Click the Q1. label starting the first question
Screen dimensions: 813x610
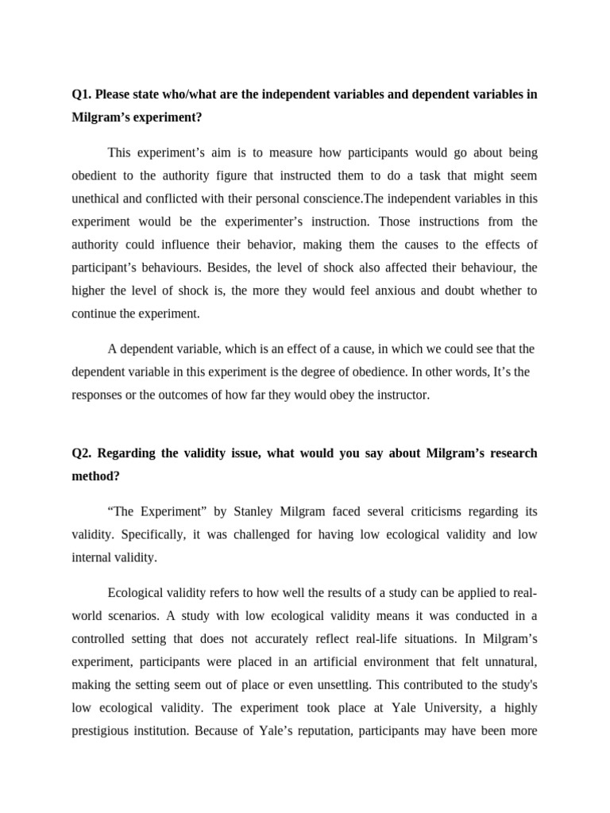(x=82, y=94)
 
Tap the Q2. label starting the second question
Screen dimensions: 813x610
(x=82, y=453)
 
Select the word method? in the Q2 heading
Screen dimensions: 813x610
(x=97, y=476)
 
